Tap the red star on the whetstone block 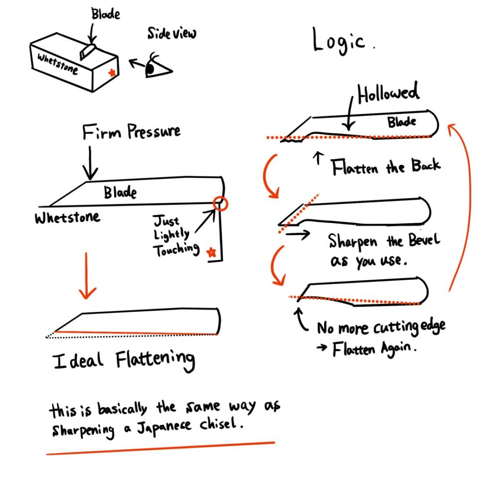pos(112,73)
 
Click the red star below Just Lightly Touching pos(212,252)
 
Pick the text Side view pos(171,33)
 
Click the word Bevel pos(423,241)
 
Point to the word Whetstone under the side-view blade pos(67,217)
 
